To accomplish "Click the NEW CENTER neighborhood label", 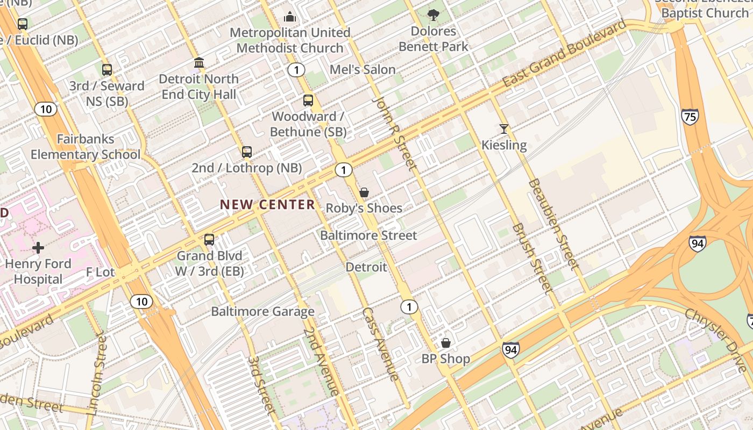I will pos(267,204).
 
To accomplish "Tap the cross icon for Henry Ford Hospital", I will pos(38,248).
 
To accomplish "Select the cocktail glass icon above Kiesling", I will pos(504,129).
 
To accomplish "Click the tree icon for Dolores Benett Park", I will pos(434,15).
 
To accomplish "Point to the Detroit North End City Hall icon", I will pos(199,63).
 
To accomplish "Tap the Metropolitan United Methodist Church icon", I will pos(290,17).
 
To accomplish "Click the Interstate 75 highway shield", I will pos(690,117).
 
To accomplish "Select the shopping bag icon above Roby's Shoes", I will pos(364,192).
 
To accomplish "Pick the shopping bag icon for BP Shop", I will pos(446,343).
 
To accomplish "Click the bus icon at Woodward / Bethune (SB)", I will pos(308,101).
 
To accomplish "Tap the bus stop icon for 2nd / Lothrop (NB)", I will pos(247,152).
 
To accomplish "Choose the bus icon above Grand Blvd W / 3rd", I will pos(209,240).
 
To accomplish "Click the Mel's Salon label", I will pos(363,69).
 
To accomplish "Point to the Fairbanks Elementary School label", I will pos(85,147).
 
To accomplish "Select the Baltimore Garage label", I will pos(262,311).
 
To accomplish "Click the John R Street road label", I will pos(395,134).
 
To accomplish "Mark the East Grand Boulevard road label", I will pos(564,54).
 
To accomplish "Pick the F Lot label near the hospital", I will pos(101,272).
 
